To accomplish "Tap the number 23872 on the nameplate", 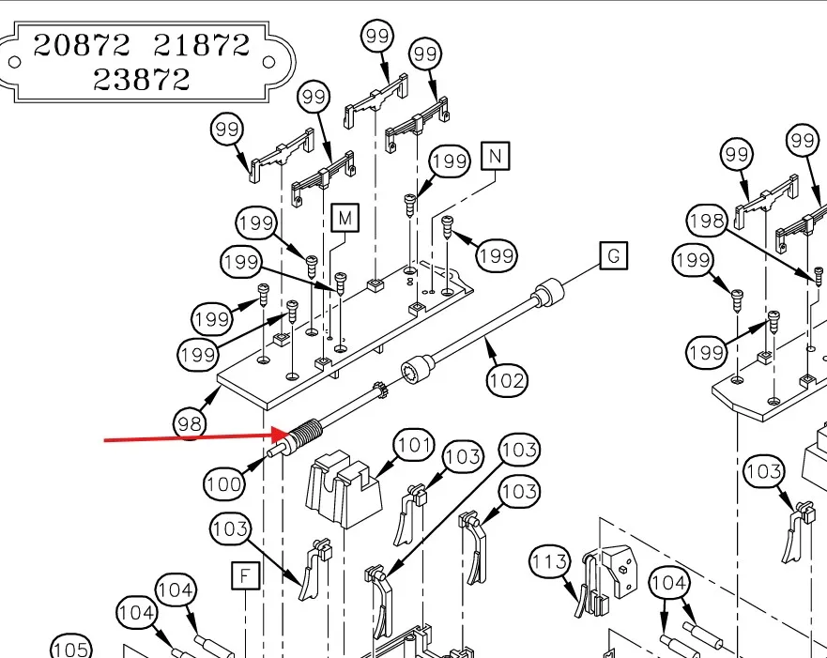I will (142, 79).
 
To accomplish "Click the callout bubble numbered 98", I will (191, 424).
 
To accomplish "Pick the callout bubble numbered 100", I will (223, 484).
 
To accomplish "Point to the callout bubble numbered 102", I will (507, 380).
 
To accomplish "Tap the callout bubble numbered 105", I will (70, 650).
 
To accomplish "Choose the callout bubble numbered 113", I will (549, 562).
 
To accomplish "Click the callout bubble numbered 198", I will (706, 222).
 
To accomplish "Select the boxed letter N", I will (495, 156).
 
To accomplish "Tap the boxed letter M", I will (345, 219).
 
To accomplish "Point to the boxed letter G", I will (613, 255).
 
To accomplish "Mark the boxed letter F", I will (244, 574).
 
